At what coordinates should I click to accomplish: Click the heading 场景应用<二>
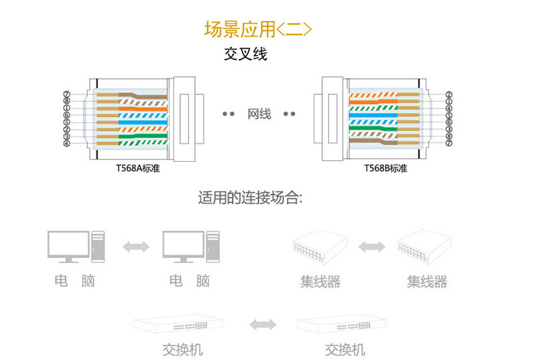[258, 29]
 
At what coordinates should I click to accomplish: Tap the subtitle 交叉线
[245, 54]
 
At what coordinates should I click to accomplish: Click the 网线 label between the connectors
[259, 114]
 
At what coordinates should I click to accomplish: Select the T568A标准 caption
[137, 168]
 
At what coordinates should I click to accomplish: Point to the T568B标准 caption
[385, 168]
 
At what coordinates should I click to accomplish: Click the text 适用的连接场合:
[250, 197]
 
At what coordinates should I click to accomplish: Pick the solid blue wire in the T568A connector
[143, 122]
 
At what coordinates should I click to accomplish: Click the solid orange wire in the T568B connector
[373, 102]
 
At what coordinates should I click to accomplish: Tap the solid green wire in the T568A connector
[143, 136]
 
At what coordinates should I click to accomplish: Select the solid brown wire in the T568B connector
[373, 141]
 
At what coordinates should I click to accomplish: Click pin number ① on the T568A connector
[67, 109]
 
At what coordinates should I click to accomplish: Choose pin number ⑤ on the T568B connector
[449, 115]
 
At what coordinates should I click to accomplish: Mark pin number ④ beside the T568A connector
[67, 144]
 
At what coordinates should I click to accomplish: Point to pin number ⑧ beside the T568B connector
[449, 136]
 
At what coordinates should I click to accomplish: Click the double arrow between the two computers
[136, 247]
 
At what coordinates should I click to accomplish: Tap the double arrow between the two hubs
[371, 247]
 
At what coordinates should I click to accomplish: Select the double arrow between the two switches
[262, 325]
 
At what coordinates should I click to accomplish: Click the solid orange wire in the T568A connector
[143, 109]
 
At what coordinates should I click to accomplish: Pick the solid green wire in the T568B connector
[373, 129]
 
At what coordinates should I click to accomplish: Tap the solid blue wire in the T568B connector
[373, 115]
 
